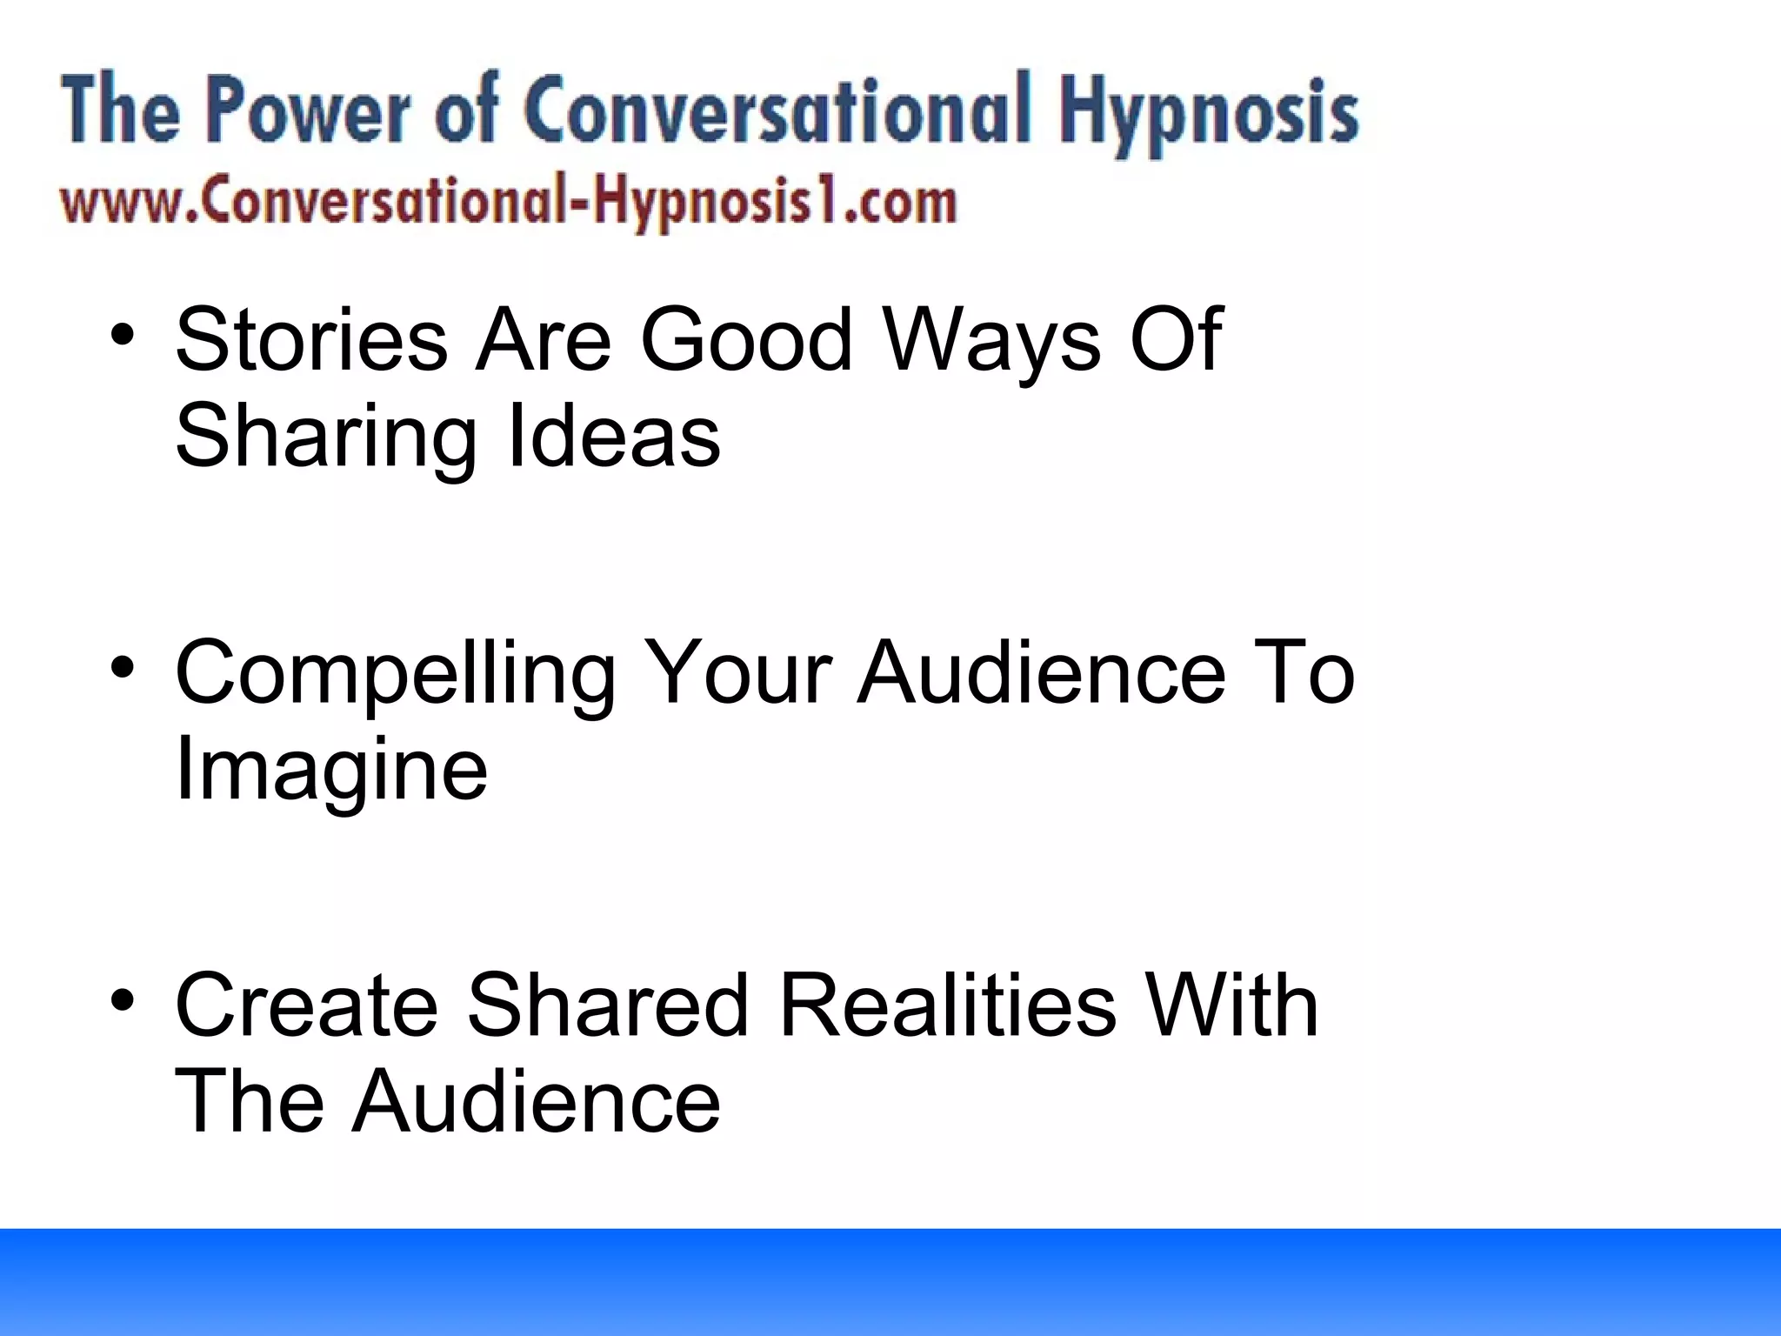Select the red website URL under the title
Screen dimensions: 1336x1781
click(x=508, y=203)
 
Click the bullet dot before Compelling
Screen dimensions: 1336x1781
click(x=123, y=668)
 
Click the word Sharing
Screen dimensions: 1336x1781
click(x=326, y=438)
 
